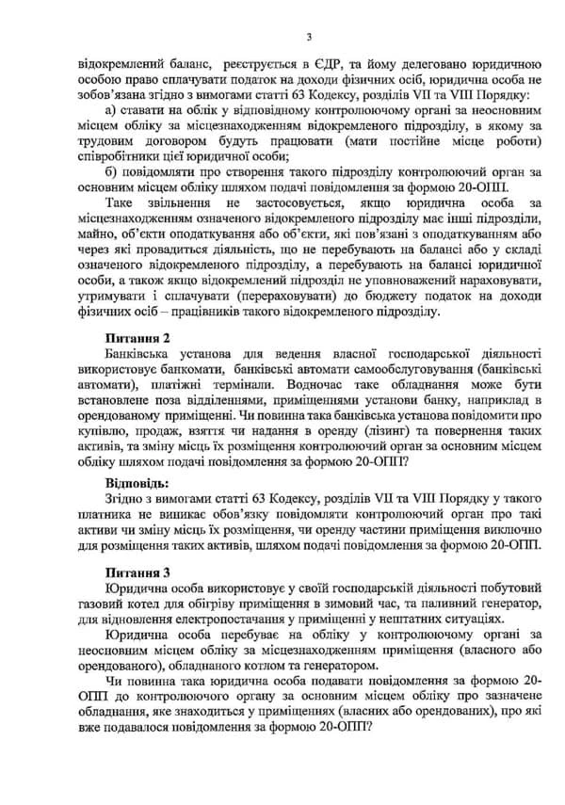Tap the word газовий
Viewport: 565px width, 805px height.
tap(87, 603)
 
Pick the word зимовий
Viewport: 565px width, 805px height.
tap(346, 603)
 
